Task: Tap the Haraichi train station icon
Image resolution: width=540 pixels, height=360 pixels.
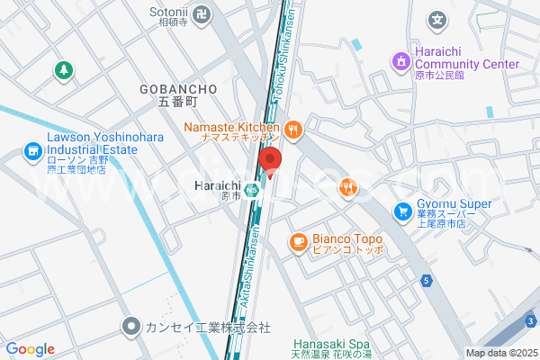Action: point(255,190)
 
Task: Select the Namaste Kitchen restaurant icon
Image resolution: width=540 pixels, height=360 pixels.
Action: point(292,130)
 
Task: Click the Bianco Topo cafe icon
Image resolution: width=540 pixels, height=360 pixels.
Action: point(298,241)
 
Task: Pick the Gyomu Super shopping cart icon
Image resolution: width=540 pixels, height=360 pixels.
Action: point(402,212)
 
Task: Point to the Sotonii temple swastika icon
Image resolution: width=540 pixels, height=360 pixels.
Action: point(204,15)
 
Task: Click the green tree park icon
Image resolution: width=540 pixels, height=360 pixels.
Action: point(63,69)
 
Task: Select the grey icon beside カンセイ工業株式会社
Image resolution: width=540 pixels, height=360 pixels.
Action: point(131,326)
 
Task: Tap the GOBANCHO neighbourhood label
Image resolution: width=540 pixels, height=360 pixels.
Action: point(179,89)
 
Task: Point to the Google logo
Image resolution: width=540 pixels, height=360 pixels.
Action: point(30,349)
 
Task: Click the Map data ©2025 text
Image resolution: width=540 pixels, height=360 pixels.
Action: point(500,353)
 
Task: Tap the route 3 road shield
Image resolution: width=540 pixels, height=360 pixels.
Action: point(531,321)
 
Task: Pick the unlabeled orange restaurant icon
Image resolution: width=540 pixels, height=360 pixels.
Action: point(348,187)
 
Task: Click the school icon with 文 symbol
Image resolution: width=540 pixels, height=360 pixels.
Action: point(436,19)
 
